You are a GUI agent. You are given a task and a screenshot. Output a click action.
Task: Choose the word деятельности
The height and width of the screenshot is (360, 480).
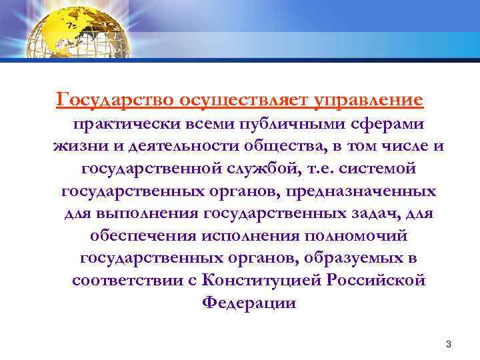coord(179,147)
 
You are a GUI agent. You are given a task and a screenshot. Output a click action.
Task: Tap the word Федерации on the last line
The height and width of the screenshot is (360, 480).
coord(249,302)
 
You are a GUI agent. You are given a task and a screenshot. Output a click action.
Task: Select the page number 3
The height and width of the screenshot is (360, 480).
coord(449,345)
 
